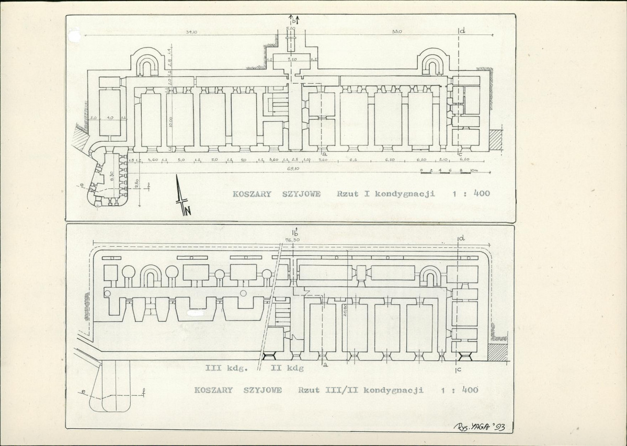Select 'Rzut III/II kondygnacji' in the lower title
[360, 390]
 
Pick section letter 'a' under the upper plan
[325, 154]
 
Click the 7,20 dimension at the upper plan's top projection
[292, 60]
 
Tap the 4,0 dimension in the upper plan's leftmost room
[109, 118]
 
